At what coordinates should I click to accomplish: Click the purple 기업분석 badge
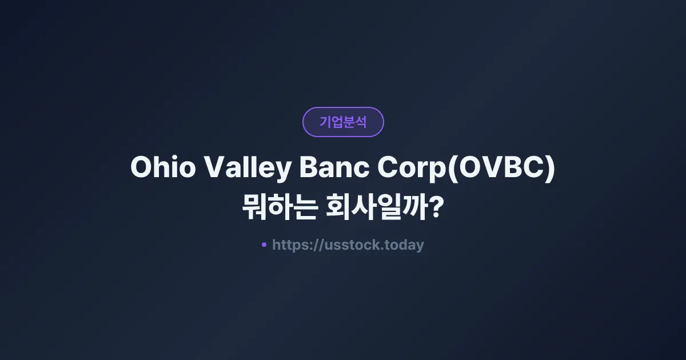[x=343, y=122]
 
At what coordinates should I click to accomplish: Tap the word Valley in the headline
[x=244, y=168]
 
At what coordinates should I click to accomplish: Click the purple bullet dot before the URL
[x=264, y=245]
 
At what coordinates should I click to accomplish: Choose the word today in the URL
[x=405, y=245]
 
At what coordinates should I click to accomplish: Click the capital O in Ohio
[x=141, y=168]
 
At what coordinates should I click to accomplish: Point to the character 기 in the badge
[x=325, y=122]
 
